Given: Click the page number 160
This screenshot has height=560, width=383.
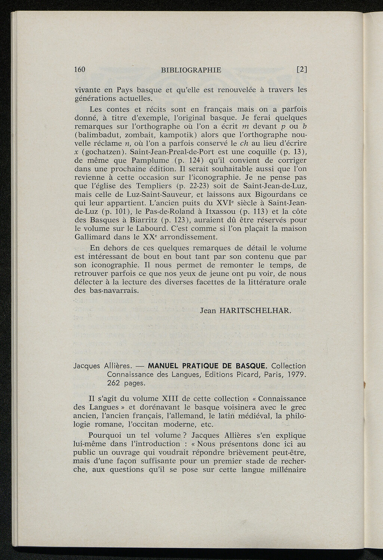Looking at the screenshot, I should tap(80, 69).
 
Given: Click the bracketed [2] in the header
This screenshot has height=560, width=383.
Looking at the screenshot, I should tap(301, 69).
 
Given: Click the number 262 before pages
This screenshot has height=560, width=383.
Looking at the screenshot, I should tap(114, 383).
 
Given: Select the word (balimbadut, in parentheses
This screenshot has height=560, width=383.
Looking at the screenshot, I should tap(98, 135).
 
